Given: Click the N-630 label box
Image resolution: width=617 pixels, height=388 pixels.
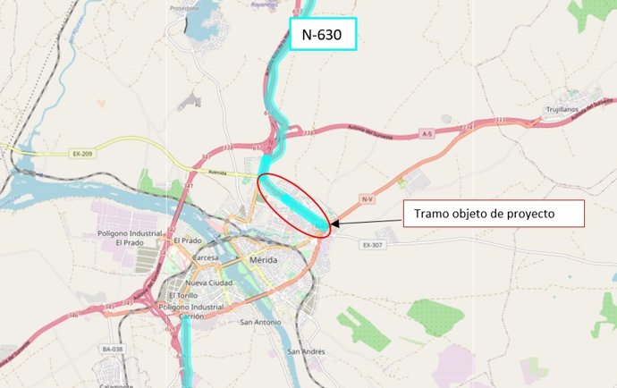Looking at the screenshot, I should click(x=322, y=35).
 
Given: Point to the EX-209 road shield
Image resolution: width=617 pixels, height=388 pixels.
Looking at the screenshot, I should click(x=83, y=154).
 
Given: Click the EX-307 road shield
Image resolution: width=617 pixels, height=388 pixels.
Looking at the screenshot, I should click(x=374, y=244).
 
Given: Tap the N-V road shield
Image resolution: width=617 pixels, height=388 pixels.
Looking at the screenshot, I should click(x=367, y=198).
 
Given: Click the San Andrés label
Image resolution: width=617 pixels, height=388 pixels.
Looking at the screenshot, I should click(x=306, y=351).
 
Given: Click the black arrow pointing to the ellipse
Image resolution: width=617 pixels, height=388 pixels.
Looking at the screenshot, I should click(x=367, y=220).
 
